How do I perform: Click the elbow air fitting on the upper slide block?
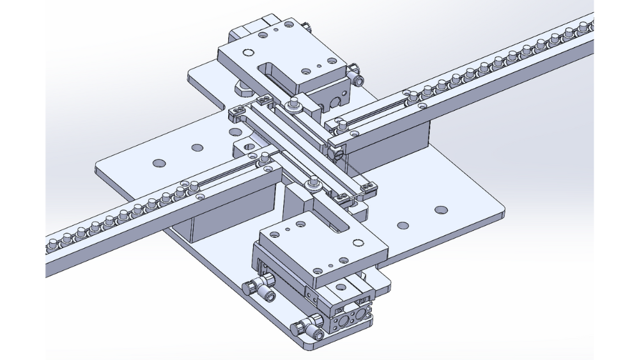tap(356, 79)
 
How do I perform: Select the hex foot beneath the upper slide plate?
tap(242, 86)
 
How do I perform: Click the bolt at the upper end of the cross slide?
tap(293, 103)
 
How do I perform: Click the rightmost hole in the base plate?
tap(440, 210)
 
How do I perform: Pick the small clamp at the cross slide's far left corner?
tap(237, 113)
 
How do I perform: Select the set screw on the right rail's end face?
tap(339, 152)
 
